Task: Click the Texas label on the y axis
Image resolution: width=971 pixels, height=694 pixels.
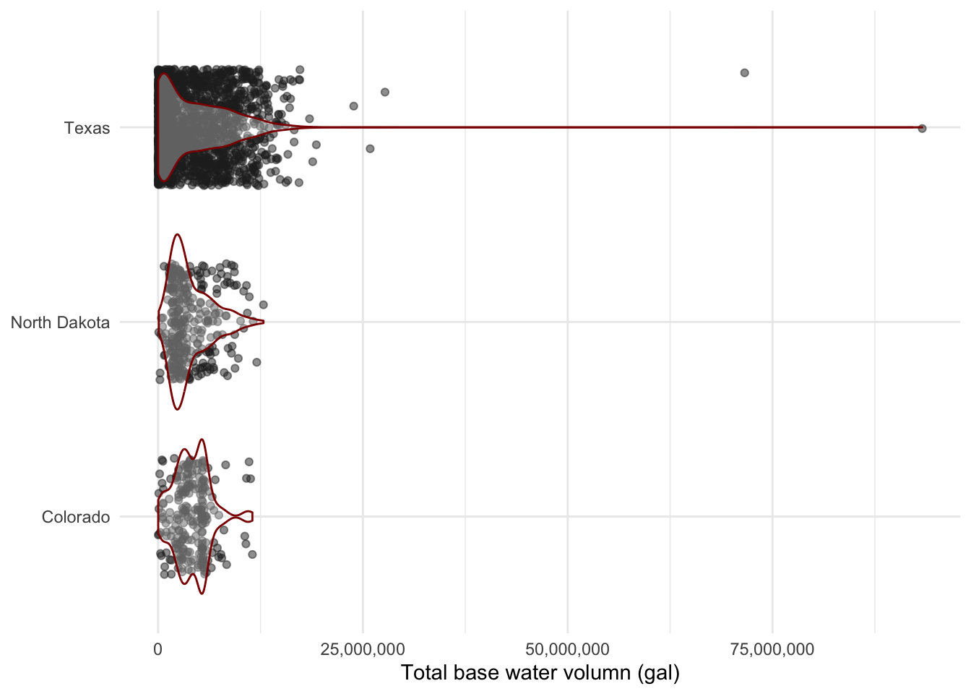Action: (x=87, y=128)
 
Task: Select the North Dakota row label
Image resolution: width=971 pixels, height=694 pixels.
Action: (x=60, y=322)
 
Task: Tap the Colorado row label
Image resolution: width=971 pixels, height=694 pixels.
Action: (x=76, y=517)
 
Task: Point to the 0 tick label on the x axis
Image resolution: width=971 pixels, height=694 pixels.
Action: (x=158, y=649)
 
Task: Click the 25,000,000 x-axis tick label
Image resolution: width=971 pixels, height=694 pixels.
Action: (x=363, y=649)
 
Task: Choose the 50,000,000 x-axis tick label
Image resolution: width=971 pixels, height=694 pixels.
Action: (x=567, y=649)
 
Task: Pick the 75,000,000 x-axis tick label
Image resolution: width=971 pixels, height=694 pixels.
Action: (x=772, y=649)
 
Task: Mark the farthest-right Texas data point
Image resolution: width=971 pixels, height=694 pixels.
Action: (x=922, y=128)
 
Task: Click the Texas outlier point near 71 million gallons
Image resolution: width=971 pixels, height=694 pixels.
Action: (x=744, y=72)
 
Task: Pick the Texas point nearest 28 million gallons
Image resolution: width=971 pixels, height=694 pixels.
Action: (x=385, y=92)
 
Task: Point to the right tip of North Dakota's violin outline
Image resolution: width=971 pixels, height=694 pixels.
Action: (x=264, y=322)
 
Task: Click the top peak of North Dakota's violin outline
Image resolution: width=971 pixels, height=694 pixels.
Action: (x=176, y=234)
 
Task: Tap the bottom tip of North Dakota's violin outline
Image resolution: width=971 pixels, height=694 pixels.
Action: (x=176, y=410)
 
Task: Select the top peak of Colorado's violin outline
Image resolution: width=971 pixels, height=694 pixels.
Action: (x=202, y=440)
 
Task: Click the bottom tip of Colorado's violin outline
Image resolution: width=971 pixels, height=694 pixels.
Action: (x=202, y=594)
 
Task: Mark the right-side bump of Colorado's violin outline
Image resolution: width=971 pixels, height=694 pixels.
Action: (x=251, y=516)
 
